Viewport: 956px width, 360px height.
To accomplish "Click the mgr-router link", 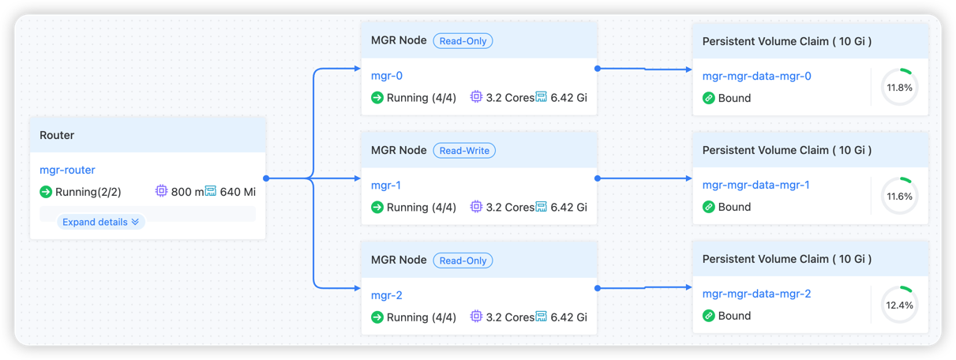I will point(67,170).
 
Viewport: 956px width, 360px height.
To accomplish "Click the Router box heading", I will point(57,135).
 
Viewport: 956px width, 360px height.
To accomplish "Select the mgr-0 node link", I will point(387,76).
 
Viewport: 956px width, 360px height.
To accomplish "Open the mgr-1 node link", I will point(386,186).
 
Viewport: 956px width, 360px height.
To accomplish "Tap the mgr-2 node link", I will point(387,295).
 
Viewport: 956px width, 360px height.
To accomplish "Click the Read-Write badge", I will point(463,150).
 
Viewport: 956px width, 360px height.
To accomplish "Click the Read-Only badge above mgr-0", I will point(463,40).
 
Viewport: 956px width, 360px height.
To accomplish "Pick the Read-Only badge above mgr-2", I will point(463,260).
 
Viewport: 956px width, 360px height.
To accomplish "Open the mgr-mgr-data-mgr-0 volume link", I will point(756,76).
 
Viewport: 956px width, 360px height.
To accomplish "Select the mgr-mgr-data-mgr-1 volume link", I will point(756,185).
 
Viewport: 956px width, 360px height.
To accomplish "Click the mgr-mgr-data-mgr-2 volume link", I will point(756,294).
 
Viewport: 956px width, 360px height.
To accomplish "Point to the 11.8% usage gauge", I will point(899,88).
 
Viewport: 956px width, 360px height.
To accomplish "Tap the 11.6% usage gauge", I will point(899,196).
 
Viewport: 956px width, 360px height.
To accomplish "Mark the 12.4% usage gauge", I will point(899,305).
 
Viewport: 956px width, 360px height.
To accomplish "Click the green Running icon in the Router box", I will point(46,191).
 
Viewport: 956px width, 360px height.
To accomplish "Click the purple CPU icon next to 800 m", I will point(161,191).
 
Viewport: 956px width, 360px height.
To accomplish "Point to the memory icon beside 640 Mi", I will point(211,191).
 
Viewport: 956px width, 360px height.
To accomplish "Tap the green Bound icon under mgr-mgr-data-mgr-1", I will point(709,207).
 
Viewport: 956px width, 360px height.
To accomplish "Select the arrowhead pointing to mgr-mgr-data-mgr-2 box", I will point(688,287).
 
